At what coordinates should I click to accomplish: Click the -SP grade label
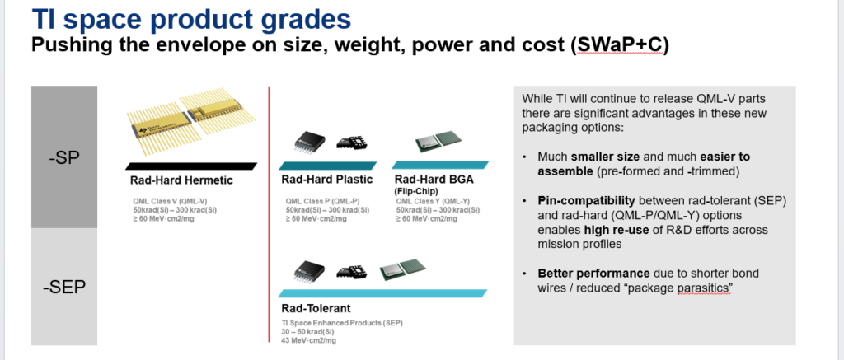coord(64,159)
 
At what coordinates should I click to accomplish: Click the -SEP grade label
coord(64,288)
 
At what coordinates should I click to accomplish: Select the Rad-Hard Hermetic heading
coord(181,180)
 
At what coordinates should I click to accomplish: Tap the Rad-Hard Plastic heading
coord(326,180)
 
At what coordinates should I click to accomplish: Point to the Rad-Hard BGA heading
coord(434,180)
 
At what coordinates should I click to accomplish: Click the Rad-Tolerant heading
coord(316,308)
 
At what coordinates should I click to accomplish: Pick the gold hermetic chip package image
coord(192,123)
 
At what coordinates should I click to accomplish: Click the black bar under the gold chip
coord(191,166)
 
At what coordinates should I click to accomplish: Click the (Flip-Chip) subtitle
coord(415,190)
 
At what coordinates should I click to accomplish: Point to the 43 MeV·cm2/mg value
coord(309,340)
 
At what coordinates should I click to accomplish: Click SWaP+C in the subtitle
coord(619,44)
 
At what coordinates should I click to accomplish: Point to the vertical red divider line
coord(269,214)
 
